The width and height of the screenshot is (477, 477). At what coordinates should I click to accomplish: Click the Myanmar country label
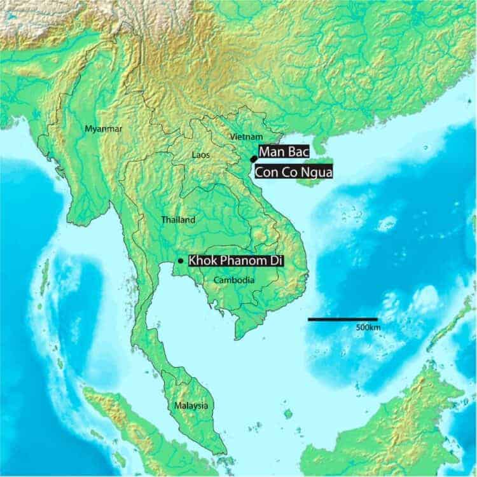coord(103,129)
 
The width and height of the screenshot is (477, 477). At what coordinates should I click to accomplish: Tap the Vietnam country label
coord(245,137)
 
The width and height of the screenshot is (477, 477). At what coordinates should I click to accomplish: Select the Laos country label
coord(202,154)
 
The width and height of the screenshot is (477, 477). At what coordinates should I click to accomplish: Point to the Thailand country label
coord(178,219)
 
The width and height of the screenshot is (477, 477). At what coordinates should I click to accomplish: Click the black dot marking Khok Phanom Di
coord(181,261)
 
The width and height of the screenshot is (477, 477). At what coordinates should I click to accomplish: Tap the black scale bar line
coord(343,319)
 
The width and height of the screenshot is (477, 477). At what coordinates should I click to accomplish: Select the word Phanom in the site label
coord(240,261)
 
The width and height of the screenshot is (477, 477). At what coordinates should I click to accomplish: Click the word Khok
coord(203,261)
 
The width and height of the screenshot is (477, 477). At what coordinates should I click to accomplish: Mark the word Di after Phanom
coord(272,261)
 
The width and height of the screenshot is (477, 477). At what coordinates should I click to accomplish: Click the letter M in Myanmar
coord(88,129)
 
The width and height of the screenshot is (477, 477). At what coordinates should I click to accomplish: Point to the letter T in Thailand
coord(163,219)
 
